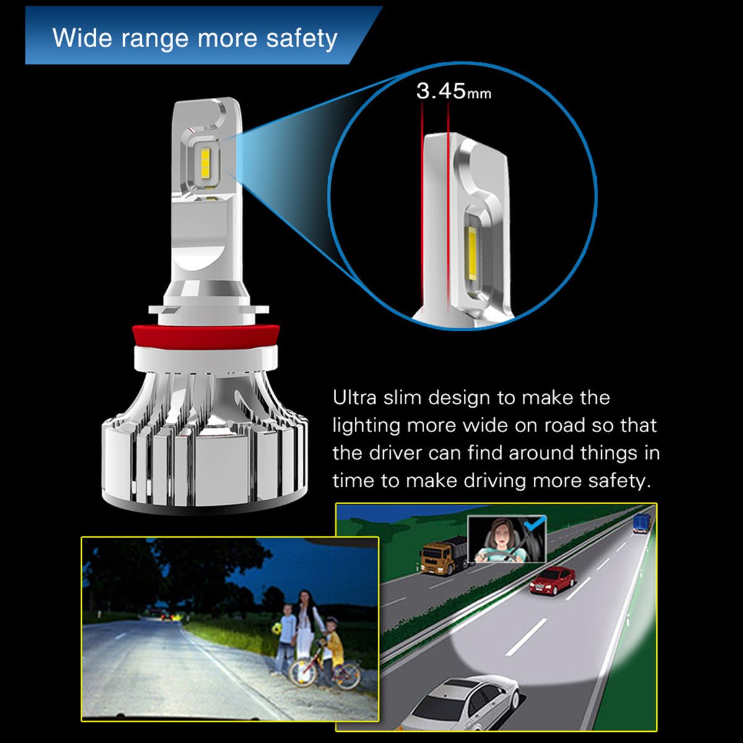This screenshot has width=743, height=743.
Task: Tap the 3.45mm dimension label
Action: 453,92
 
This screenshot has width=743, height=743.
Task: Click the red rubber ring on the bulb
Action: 205,336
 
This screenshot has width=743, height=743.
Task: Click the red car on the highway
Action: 552,580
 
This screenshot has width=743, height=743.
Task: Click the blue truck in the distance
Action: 641,523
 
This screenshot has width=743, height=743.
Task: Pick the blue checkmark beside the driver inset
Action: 534,525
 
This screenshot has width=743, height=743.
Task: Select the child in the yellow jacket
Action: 333,647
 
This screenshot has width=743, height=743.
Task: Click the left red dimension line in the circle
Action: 422,204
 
